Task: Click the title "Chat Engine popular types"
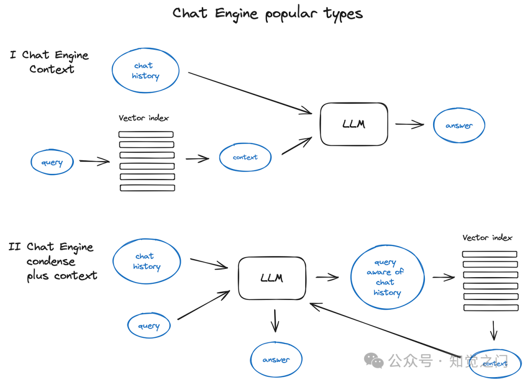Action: point(267,14)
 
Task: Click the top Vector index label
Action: point(143,118)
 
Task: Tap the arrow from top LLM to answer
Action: point(409,124)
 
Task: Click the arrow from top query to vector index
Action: point(94,162)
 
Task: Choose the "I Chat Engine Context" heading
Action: point(50,62)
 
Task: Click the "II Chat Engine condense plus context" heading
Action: point(53,261)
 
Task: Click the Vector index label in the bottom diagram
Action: point(487,238)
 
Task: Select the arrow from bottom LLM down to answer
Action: point(275,321)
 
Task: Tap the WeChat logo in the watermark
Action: point(374,361)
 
